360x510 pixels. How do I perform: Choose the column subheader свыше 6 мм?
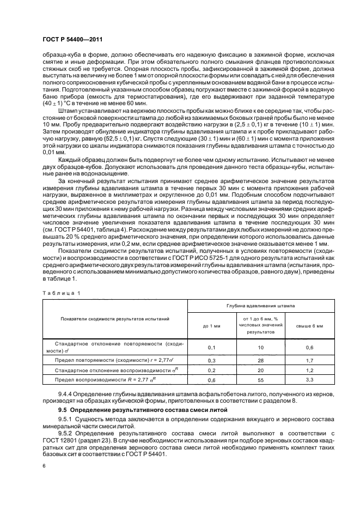point(309,325)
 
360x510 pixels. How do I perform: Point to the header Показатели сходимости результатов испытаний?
point(115,316)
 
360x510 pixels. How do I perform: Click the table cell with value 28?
point(261,360)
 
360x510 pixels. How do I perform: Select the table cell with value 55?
point(261,379)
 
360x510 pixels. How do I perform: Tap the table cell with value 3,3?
point(309,379)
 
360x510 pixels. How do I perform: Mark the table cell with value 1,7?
point(309,360)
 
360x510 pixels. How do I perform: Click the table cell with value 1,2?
point(309,370)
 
